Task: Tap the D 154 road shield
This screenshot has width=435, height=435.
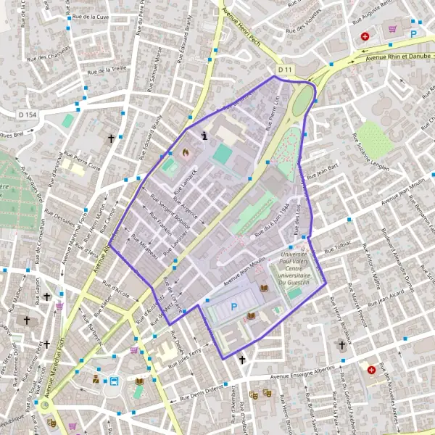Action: click(28, 115)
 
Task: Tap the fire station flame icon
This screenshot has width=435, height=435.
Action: click(185, 153)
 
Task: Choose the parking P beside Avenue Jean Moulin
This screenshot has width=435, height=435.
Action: click(233, 307)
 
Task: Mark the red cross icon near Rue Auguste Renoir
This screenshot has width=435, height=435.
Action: click(365, 36)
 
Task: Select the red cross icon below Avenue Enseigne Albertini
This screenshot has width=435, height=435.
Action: click(371, 370)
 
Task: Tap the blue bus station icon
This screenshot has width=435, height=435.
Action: click(114, 381)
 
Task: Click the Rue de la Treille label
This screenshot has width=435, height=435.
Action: click(107, 70)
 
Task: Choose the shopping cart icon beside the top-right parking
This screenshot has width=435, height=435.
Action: click(393, 29)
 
